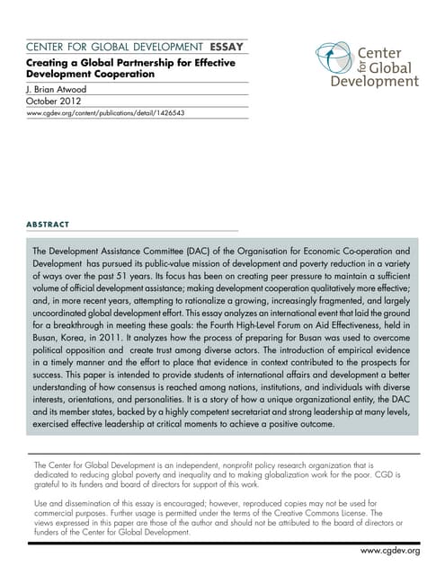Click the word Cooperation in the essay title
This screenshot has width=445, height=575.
[120, 74]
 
